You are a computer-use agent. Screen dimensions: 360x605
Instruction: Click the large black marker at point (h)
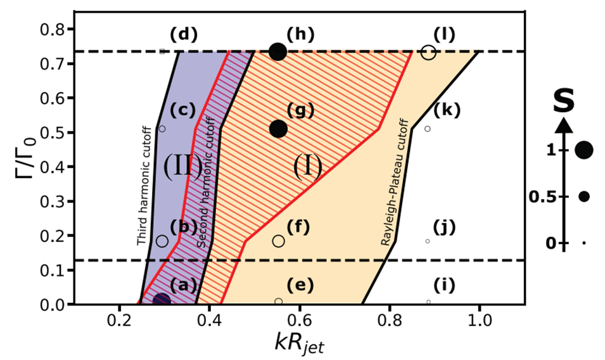(x=277, y=51)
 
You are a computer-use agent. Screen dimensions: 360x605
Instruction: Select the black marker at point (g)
(x=278, y=129)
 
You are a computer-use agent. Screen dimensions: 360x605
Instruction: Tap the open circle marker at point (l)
(x=429, y=53)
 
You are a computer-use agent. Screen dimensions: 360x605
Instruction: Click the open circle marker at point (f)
(x=279, y=241)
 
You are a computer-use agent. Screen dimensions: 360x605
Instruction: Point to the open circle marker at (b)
(x=162, y=241)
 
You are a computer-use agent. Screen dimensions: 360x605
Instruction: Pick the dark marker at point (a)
(x=162, y=300)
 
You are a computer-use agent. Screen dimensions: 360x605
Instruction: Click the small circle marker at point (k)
(x=428, y=129)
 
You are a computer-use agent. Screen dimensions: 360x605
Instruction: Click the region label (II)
(x=182, y=167)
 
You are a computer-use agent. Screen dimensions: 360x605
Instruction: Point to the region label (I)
(x=308, y=167)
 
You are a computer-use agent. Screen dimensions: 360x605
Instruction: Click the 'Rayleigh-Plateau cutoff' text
(x=397, y=182)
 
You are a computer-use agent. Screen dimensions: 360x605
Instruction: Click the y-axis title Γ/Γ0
(x=23, y=169)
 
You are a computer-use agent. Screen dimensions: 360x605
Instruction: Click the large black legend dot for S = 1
(x=584, y=150)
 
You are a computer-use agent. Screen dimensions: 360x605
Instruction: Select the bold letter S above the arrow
(x=564, y=101)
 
